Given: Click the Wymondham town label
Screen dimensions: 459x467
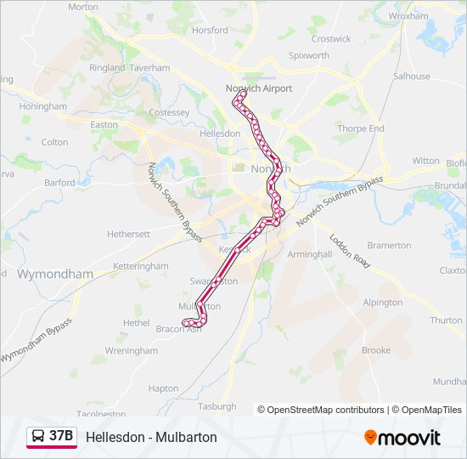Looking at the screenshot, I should coord(55,274).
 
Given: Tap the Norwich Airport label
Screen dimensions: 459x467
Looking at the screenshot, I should coord(258,88).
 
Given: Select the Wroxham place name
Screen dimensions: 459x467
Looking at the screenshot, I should coord(408,16).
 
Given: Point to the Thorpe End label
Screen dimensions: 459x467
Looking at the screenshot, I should coord(360,129).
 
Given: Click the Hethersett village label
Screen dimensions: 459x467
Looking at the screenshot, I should coord(128,234).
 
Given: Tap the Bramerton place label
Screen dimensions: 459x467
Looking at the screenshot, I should coord(389,246).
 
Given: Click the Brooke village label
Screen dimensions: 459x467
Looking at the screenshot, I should coord(376,350).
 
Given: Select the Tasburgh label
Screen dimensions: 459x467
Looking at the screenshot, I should coord(217,406).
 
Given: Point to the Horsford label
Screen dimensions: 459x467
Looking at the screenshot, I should coord(210,30).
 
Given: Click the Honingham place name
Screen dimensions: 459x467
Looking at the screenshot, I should coord(42,107).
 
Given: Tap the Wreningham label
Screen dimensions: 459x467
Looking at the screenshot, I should coord(131,350).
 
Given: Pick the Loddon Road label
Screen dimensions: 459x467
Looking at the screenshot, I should coord(351,252).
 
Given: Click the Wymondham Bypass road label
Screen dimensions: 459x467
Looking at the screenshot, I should coord(36,341).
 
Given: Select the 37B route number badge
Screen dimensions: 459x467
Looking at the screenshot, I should coord(61,437).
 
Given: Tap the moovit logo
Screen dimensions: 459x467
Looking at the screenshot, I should coord(402,438).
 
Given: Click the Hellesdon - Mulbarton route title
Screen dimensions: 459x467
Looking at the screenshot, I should coord(151,437).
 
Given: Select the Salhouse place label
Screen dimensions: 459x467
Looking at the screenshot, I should coord(411,76).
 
